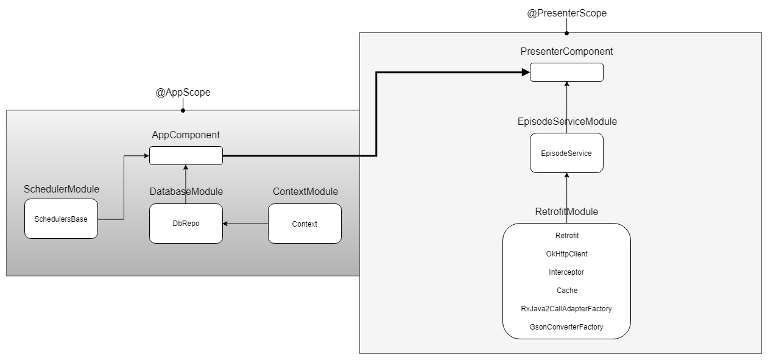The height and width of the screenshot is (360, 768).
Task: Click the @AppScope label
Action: coord(183,93)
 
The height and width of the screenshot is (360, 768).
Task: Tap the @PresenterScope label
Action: coord(566,13)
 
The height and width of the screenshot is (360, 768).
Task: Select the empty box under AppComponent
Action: coord(186,156)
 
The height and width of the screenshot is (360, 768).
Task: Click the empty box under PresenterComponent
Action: coord(566,72)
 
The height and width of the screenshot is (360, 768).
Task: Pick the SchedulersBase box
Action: coord(61,219)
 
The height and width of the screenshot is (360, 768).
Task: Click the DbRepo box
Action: coord(186,224)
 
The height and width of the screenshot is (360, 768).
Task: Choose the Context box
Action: coord(305,224)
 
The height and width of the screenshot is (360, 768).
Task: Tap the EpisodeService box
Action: coord(566,154)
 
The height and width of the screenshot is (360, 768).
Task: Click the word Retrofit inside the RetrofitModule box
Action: coord(566,236)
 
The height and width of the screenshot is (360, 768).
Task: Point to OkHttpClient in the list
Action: coord(566,254)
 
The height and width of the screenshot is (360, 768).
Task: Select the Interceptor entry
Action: coord(566,272)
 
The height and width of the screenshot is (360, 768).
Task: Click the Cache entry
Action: coord(566,291)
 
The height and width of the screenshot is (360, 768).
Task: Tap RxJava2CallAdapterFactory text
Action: coord(566,309)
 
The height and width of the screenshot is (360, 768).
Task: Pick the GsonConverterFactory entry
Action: coord(566,327)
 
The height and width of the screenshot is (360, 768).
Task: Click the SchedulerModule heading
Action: coord(61,189)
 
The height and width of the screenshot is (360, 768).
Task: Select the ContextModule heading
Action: coord(305,192)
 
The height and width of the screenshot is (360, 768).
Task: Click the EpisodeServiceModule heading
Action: coord(566,122)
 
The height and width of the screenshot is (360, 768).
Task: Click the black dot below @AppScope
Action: coord(183,110)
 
